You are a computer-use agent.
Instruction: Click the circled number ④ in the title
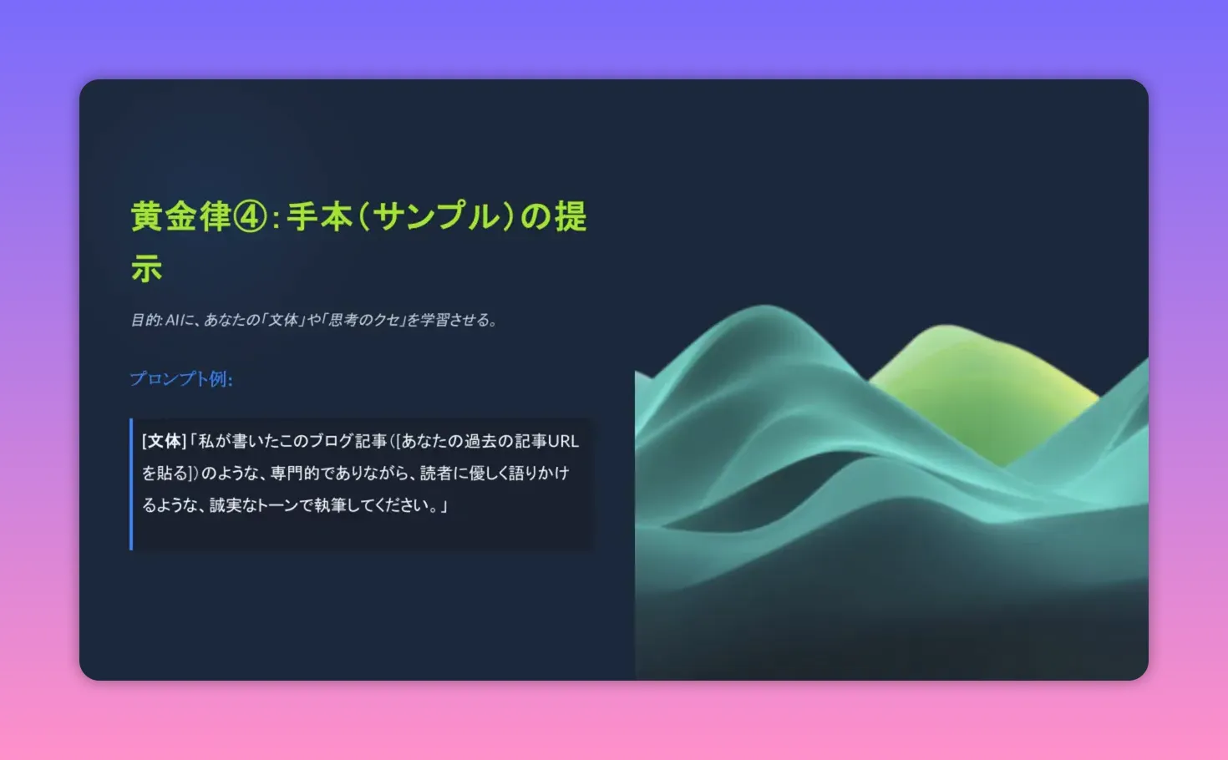[249, 217]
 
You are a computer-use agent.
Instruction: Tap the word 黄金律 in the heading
[180, 217]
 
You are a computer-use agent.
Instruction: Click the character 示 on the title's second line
[146, 269]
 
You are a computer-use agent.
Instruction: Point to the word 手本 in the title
[320, 217]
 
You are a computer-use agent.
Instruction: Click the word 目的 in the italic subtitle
[145, 320]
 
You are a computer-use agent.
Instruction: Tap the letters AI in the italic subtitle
[173, 320]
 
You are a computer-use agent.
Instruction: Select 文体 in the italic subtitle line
[283, 320]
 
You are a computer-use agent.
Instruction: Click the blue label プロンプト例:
[181, 379]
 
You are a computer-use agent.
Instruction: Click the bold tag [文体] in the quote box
[164, 441]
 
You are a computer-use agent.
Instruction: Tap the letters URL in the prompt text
[563, 441]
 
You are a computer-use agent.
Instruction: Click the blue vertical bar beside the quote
[131, 484]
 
